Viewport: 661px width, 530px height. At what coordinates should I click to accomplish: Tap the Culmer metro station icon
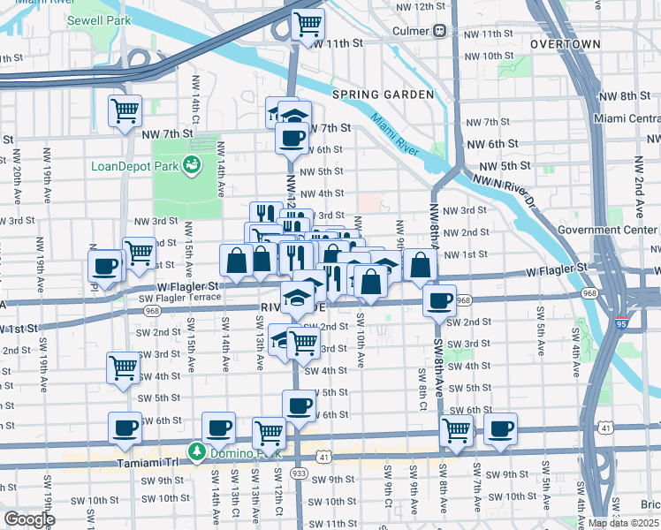coord(439,31)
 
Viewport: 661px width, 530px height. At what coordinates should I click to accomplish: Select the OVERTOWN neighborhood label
coord(566,44)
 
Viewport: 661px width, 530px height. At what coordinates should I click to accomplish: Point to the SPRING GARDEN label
coord(383,95)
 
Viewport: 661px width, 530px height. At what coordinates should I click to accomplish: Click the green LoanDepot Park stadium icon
coord(190,164)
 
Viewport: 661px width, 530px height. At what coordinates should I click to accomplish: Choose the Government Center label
coord(609,231)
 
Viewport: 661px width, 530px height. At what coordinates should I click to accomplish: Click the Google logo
coord(28,519)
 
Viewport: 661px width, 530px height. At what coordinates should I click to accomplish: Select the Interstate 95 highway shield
coord(623,324)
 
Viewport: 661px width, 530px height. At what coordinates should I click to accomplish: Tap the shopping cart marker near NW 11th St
coord(308,24)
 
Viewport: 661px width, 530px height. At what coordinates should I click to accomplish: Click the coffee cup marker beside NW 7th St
coord(292,138)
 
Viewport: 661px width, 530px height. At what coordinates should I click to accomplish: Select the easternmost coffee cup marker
coord(500,428)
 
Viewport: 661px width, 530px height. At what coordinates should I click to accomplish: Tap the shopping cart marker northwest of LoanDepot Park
coord(125,111)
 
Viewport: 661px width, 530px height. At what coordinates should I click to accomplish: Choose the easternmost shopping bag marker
coord(421,264)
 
